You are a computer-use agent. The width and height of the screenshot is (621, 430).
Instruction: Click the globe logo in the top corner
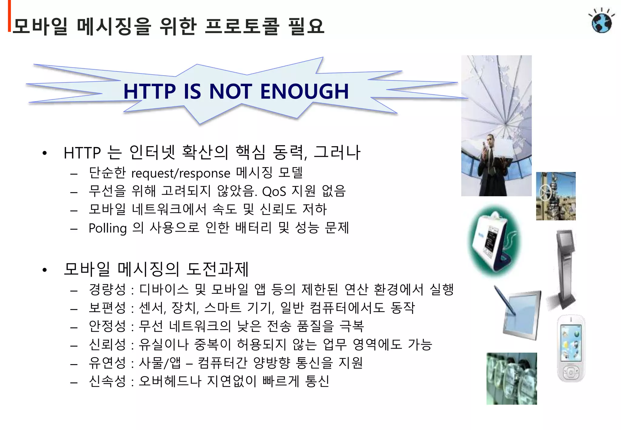point(602,21)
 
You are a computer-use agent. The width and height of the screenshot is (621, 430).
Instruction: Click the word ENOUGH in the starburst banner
point(304,91)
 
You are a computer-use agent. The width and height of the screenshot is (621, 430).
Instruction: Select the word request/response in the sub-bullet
point(181,173)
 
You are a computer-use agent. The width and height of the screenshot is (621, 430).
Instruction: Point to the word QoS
point(274,192)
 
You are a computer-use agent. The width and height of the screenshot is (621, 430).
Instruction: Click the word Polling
point(108,228)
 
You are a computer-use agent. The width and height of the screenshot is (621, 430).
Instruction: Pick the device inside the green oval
point(494,241)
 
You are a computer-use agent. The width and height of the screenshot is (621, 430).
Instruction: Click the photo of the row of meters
point(512,378)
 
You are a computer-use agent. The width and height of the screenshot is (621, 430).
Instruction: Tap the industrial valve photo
point(556,196)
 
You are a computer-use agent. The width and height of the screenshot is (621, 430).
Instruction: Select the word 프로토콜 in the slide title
point(241,26)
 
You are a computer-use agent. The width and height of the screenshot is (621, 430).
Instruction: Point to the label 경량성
point(107,290)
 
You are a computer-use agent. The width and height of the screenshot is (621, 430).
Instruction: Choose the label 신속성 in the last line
point(107,381)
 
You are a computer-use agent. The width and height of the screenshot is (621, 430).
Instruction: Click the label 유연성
point(107,363)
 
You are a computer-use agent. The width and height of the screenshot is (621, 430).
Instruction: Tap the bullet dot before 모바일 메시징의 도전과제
point(45,270)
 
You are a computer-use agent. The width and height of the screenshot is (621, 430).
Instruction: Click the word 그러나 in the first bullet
point(337,152)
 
